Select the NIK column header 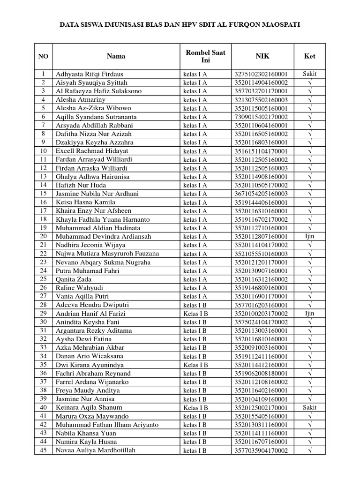[262, 56]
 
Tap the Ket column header [309, 56]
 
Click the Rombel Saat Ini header [205, 56]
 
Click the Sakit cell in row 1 [309, 74]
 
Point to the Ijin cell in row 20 [309, 236]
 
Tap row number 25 [43, 279]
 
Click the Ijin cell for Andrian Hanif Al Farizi [309, 313]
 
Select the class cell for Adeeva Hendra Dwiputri [195, 305]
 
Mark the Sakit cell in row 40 [309, 407]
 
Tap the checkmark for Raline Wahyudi [310, 288]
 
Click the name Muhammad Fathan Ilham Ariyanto [107, 425]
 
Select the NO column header [43, 56]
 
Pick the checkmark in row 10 [310, 151]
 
